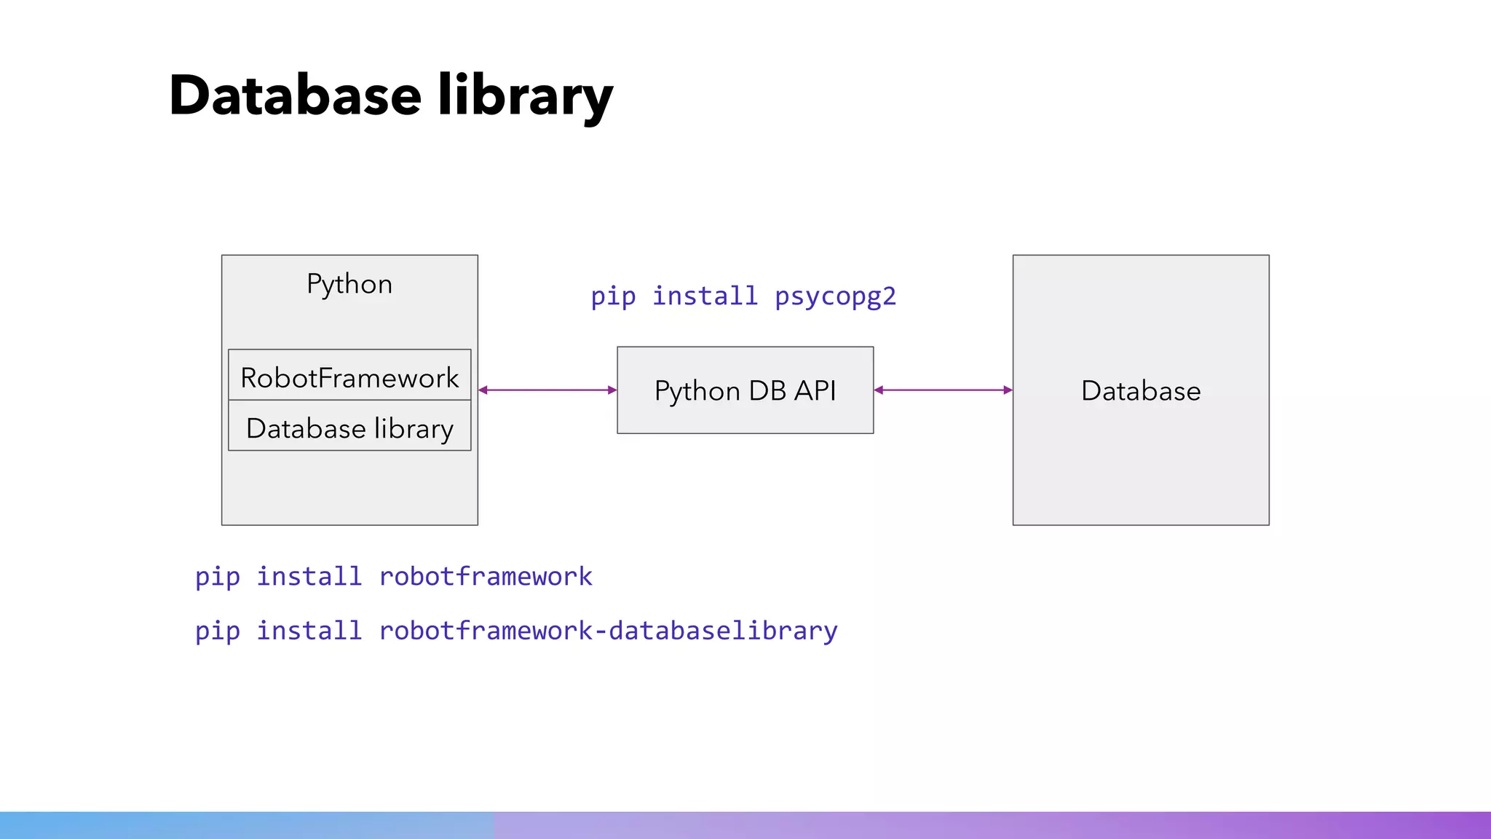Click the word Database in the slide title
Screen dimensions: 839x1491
pyautogui.click(x=295, y=95)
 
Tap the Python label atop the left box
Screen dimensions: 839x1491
pyautogui.click(x=349, y=283)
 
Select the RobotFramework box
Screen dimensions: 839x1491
pyautogui.click(x=349, y=377)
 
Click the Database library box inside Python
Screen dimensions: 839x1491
pyautogui.click(x=349, y=428)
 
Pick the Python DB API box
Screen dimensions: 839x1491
pyautogui.click(x=745, y=390)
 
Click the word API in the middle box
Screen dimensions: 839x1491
pyautogui.click(x=815, y=390)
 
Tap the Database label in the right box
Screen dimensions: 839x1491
pyautogui.click(x=1141, y=390)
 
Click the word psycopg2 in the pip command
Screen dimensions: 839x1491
pyautogui.click(x=835, y=296)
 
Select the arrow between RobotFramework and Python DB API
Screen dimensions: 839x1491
pyautogui.click(x=547, y=390)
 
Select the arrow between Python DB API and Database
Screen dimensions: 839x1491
pyautogui.click(x=943, y=390)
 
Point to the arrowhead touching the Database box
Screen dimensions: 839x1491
pyautogui.click(x=1008, y=390)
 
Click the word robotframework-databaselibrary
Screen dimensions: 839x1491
pyautogui.click(x=608, y=630)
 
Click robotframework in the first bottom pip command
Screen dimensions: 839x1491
pyautogui.click(x=486, y=576)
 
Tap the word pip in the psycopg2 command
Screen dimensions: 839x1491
pyautogui.click(x=613, y=296)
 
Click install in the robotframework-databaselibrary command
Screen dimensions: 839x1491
pyautogui.click(x=309, y=630)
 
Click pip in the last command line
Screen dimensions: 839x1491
pyautogui.click(x=217, y=631)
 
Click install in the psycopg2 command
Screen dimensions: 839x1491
pyautogui.click(x=705, y=296)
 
